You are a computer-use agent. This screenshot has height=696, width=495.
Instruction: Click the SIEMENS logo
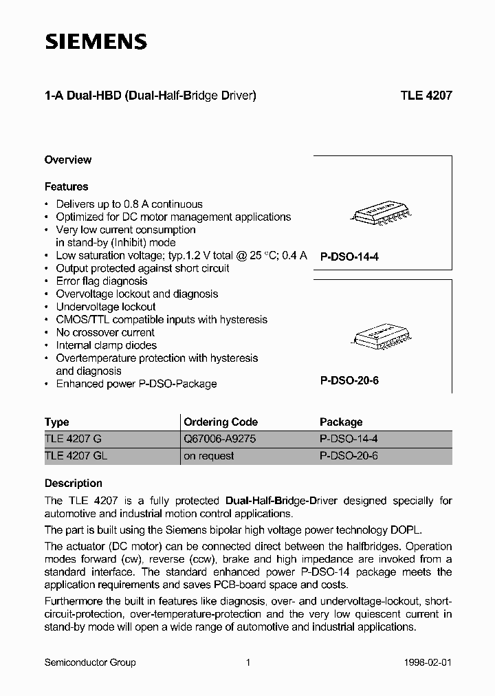point(96,42)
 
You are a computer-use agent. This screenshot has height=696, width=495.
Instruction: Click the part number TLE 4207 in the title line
point(426,96)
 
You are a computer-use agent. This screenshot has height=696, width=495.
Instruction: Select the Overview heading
point(68,160)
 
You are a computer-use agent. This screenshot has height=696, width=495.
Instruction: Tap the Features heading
point(66,186)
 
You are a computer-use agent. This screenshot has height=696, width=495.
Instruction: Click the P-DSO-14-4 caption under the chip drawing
point(349,257)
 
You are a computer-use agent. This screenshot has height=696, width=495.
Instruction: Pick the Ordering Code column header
point(221,422)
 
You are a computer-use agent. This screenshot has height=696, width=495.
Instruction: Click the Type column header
point(57,422)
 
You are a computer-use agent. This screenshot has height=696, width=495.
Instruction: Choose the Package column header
point(341,422)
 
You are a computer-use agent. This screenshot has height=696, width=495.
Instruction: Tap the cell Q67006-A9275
point(220,438)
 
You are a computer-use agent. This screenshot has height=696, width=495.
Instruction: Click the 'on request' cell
point(209,455)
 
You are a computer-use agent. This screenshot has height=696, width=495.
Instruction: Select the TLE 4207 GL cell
point(76,455)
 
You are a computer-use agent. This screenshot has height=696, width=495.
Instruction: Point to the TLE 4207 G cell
point(73,438)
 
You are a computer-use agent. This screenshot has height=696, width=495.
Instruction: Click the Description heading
point(74,483)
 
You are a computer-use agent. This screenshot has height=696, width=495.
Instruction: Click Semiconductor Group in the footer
point(90,662)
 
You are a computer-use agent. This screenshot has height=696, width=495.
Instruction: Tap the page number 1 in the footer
point(247,662)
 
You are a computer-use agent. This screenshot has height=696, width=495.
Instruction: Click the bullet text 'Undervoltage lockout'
point(106,307)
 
